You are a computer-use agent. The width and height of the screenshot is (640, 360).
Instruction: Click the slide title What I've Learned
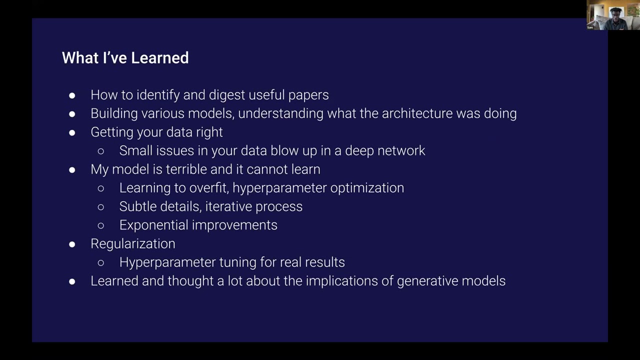[125, 58]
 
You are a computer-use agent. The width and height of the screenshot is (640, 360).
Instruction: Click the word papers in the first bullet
[308, 95]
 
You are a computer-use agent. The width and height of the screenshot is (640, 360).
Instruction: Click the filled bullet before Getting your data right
[72, 132]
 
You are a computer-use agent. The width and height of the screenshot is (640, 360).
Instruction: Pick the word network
[402, 150]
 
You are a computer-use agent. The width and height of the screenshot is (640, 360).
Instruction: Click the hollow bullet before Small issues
[101, 151]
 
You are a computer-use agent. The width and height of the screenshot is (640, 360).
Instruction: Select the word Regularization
[133, 243]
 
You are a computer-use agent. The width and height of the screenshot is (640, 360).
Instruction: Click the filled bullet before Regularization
[72, 244]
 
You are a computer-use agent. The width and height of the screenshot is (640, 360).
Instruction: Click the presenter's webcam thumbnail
[612, 15]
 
